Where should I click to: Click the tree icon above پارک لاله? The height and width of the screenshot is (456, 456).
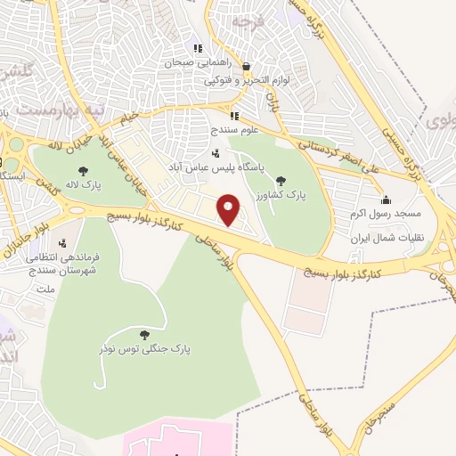click(84, 171)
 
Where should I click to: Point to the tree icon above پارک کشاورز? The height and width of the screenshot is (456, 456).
click(281, 180)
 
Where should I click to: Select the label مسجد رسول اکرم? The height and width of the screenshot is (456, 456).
click(385, 215)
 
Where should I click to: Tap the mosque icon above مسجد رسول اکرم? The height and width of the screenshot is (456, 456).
click(385, 199)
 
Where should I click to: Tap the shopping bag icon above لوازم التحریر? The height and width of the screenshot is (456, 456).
click(246, 65)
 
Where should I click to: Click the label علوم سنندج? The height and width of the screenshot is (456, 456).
click(234, 130)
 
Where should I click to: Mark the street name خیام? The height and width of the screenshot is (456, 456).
click(130, 117)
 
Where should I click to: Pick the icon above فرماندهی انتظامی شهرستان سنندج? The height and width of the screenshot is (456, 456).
click(63, 242)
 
